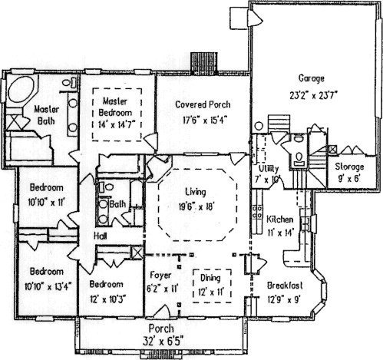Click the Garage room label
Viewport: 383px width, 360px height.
(x=312, y=78)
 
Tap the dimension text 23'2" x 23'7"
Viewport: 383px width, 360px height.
(x=312, y=95)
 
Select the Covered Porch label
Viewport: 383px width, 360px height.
(x=203, y=104)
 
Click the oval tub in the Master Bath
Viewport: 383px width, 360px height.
(x=21, y=90)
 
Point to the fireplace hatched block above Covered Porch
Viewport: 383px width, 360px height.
(x=204, y=63)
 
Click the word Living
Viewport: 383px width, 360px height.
(x=196, y=192)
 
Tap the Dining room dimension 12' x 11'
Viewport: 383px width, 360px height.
(x=211, y=292)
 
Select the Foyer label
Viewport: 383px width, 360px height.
(x=160, y=276)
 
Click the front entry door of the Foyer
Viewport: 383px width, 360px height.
(x=162, y=312)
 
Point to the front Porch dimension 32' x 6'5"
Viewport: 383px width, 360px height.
(x=163, y=341)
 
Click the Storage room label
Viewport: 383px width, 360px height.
(x=349, y=167)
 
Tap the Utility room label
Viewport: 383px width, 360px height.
(x=269, y=169)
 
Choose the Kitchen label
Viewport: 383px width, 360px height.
(x=280, y=220)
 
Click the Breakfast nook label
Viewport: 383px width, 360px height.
(x=285, y=286)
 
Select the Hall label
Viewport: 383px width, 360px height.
(x=101, y=236)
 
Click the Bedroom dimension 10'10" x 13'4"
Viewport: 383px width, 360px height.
(x=48, y=286)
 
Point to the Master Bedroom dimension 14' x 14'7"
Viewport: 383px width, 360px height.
(x=117, y=124)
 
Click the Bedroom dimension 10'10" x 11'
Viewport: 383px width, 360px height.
(x=46, y=203)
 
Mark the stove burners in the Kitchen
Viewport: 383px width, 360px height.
(x=257, y=213)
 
